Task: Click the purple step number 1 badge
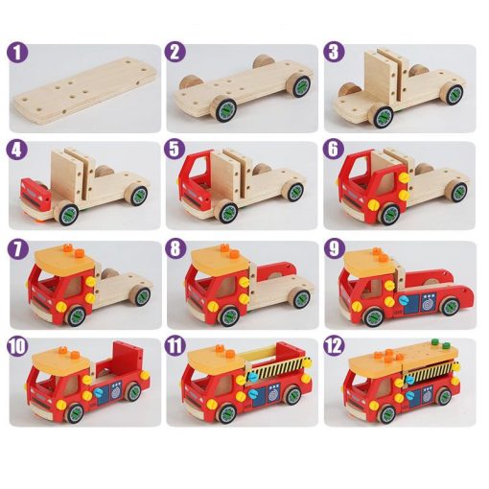[17, 53]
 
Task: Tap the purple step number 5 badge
[175, 151]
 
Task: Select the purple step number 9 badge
[334, 248]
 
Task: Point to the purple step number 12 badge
[334, 345]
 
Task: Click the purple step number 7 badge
[17, 248]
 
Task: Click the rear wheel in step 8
[300, 299]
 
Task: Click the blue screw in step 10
[99, 392]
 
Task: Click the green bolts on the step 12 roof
[440, 343]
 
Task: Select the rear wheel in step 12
[444, 395]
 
